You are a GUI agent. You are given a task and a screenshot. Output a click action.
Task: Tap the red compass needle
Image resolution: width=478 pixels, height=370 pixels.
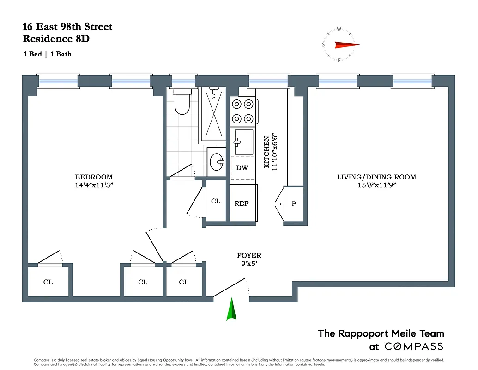[346, 45]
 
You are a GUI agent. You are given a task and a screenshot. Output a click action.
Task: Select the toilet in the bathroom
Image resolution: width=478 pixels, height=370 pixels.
[182, 103]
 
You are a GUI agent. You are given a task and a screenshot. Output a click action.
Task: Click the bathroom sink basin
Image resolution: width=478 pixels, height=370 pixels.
[216, 162]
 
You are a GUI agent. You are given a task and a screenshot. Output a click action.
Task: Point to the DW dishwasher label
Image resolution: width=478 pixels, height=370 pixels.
[242, 168]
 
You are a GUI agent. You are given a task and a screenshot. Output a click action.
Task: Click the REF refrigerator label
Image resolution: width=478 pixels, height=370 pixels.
[242, 203]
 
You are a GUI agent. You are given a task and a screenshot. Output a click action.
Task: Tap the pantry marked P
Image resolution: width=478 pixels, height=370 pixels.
[294, 203]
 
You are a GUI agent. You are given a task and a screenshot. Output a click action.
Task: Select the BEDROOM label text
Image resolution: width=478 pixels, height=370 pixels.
[94, 177]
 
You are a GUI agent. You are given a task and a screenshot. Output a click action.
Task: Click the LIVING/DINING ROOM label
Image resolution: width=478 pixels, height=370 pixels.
[376, 177]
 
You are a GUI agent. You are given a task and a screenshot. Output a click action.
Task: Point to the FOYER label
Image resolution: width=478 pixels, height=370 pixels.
[249, 255]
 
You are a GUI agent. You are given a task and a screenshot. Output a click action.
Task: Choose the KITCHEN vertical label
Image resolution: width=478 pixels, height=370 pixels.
[266, 152]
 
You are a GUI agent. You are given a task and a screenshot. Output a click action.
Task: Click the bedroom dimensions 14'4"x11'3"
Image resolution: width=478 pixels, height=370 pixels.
[94, 185]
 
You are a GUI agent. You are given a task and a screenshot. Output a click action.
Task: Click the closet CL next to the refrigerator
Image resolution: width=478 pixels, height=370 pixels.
[216, 201]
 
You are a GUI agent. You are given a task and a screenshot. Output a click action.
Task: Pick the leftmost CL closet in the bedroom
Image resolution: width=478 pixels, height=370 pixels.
[48, 282]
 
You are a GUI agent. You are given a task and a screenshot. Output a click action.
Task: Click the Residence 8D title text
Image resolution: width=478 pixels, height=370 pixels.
[56, 39]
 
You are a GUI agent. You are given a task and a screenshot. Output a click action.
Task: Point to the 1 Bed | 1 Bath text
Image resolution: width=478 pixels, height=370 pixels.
[48, 54]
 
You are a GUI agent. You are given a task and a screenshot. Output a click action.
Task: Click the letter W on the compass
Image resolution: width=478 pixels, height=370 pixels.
[339, 29]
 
